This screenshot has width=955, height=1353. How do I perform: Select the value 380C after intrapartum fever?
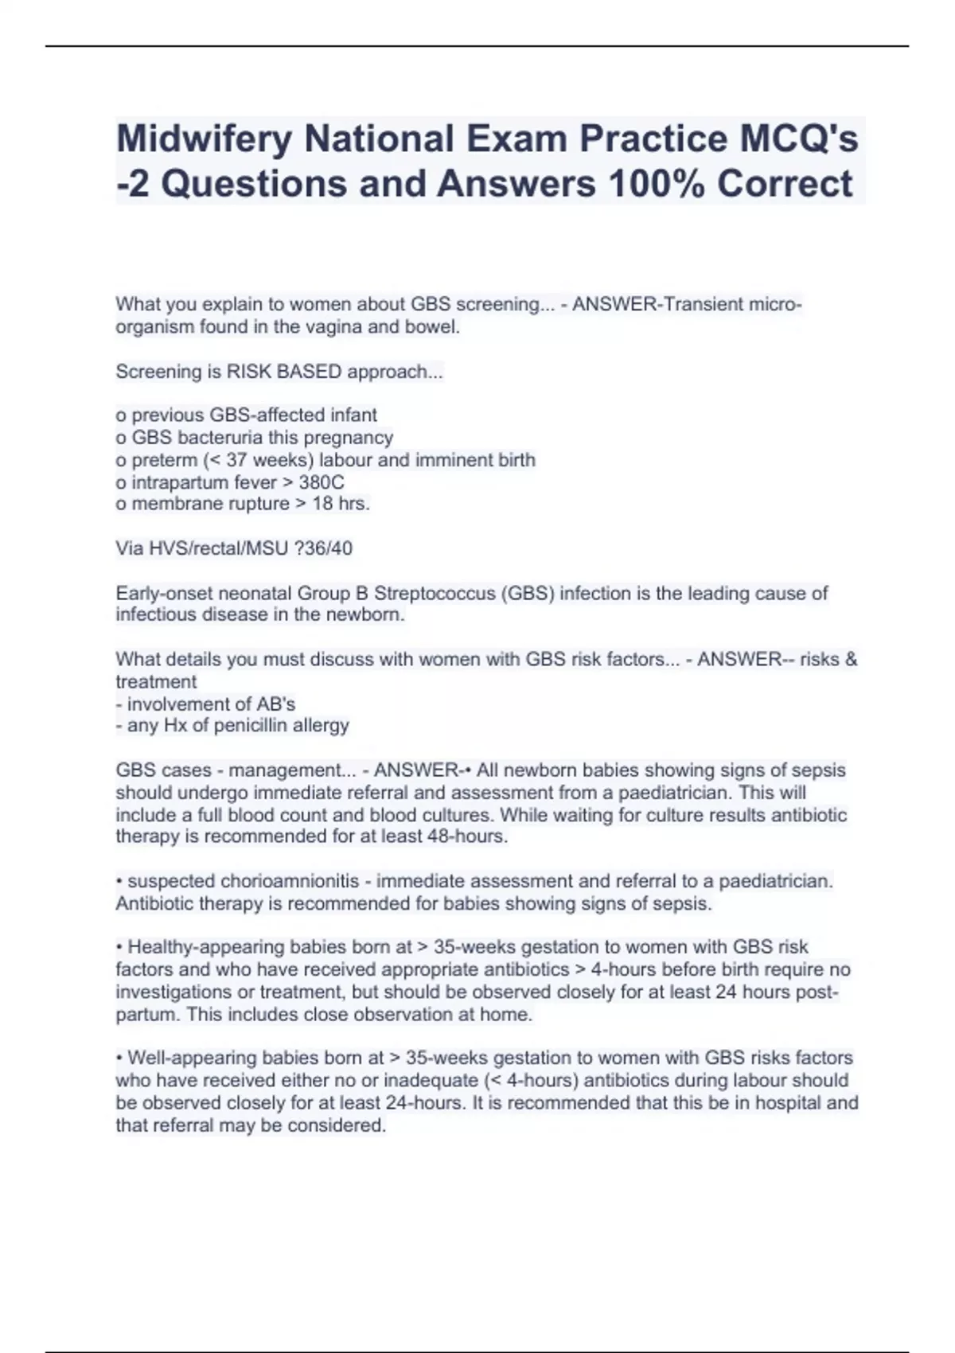(x=322, y=482)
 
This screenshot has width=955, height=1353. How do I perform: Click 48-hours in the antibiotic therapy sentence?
(x=470, y=837)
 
